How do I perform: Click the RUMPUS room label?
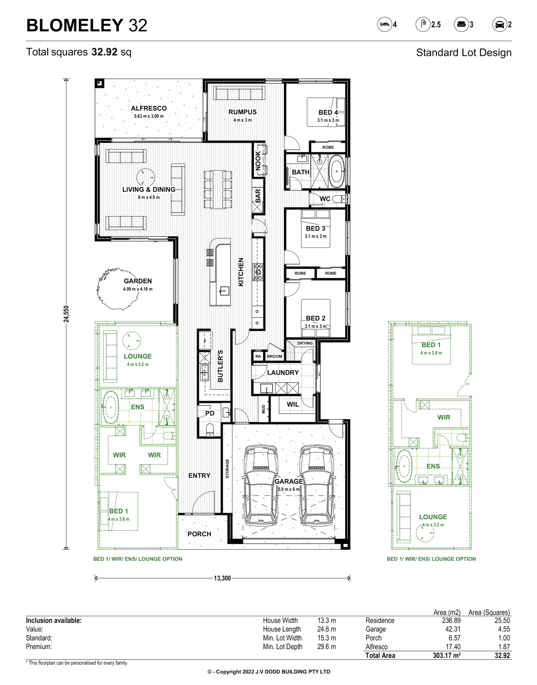[242, 112]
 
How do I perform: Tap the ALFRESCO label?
[149, 108]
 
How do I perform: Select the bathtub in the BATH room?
[336, 171]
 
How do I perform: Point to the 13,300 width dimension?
[222, 578]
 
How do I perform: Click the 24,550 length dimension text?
[66, 314]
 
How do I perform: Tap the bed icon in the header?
[385, 24]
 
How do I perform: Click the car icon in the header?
[499, 24]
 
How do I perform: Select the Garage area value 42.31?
[453, 629]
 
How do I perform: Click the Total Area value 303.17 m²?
[446, 656]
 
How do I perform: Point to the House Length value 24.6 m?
[327, 629]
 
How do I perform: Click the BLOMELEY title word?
[75, 25]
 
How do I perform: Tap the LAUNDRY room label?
[283, 372]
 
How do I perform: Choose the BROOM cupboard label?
[274, 356]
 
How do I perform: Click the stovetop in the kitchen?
[258, 272]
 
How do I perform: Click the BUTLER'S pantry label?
[220, 366]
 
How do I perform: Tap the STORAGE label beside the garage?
[227, 469]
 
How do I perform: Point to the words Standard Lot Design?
[463, 53]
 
